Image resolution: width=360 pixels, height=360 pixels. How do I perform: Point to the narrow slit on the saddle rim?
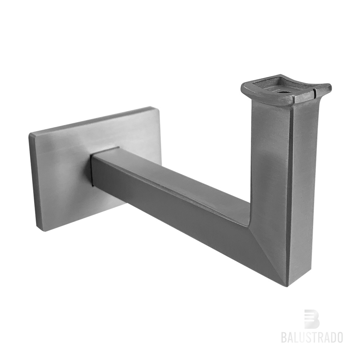[314, 94]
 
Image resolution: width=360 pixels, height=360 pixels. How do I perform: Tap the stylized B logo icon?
[311, 319]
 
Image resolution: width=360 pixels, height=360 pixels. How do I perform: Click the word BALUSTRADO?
[311, 337]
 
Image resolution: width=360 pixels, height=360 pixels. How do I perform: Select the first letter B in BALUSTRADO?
[284, 337]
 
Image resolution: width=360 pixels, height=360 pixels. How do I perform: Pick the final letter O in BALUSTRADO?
[339, 337]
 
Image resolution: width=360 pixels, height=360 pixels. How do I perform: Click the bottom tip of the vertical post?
[288, 285]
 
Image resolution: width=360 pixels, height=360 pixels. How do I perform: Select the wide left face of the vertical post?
[270, 162]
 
